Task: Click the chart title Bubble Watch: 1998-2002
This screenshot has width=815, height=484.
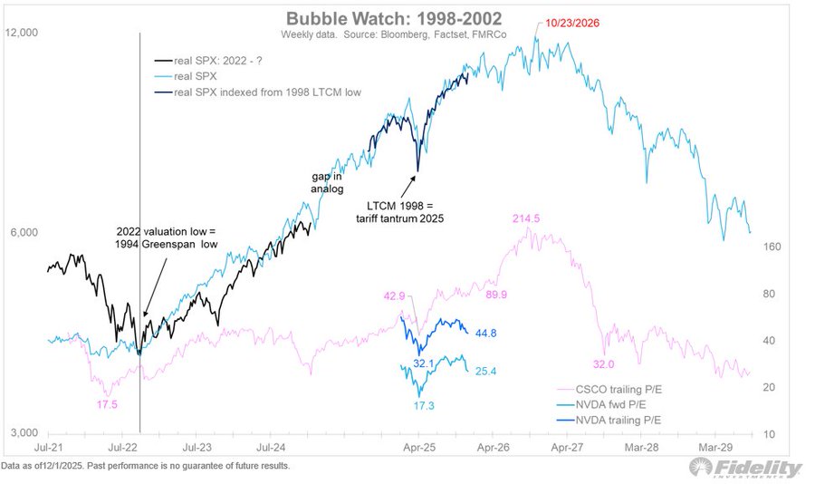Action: (x=407, y=18)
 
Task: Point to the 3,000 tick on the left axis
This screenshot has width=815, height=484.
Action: (x=21, y=434)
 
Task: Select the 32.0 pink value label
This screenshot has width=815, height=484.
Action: (x=603, y=363)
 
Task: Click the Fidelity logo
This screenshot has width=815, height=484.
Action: (x=744, y=468)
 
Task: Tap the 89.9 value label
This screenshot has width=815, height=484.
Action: (x=498, y=295)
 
